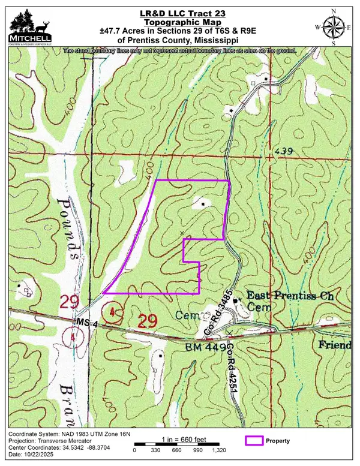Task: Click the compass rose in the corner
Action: pos(333,27)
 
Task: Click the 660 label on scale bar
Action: pos(176,449)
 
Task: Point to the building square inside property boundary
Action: pos(203,205)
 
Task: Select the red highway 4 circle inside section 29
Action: pos(113,311)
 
